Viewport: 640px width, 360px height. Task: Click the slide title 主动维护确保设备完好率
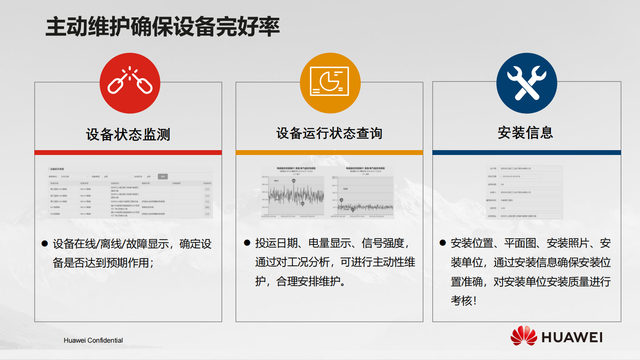(x=163, y=27)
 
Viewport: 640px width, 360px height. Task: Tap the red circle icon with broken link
(x=130, y=83)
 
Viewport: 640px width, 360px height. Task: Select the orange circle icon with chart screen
(x=330, y=83)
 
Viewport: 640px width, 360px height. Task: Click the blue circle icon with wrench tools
(x=527, y=83)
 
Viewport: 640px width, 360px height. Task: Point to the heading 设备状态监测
(x=128, y=134)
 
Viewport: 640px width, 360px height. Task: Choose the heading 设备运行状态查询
(x=329, y=133)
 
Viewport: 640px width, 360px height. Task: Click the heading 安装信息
(x=525, y=132)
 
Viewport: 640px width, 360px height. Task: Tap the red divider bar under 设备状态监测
(x=128, y=153)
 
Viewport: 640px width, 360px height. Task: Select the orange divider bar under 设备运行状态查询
(x=329, y=153)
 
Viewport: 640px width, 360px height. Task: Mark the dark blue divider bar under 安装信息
(x=526, y=153)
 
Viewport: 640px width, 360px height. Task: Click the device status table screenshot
(x=130, y=192)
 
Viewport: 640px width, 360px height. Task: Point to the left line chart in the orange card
(x=293, y=193)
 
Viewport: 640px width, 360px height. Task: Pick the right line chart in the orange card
(x=362, y=193)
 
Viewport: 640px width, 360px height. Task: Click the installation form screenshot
(x=524, y=192)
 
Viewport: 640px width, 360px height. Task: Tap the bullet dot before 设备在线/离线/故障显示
(x=45, y=244)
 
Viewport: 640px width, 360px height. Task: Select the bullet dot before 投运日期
(x=247, y=243)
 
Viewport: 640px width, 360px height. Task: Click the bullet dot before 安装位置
(x=443, y=243)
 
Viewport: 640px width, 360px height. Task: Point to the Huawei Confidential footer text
(x=93, y=340)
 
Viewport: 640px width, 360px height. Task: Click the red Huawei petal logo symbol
(x=523, y=336)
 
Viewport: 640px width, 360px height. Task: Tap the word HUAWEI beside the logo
(x=572, y=337)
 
